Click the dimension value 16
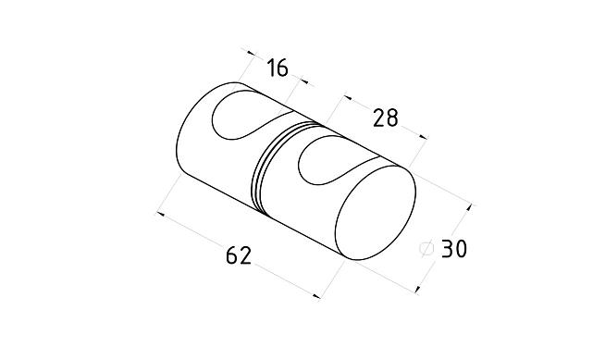[x=278, y=68]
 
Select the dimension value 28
[x=386, y=118]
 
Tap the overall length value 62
[x=239, y=255]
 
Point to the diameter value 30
[x=454, y=249]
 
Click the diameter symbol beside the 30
[x=426, y=248]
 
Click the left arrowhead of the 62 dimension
[x=160, y=214]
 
